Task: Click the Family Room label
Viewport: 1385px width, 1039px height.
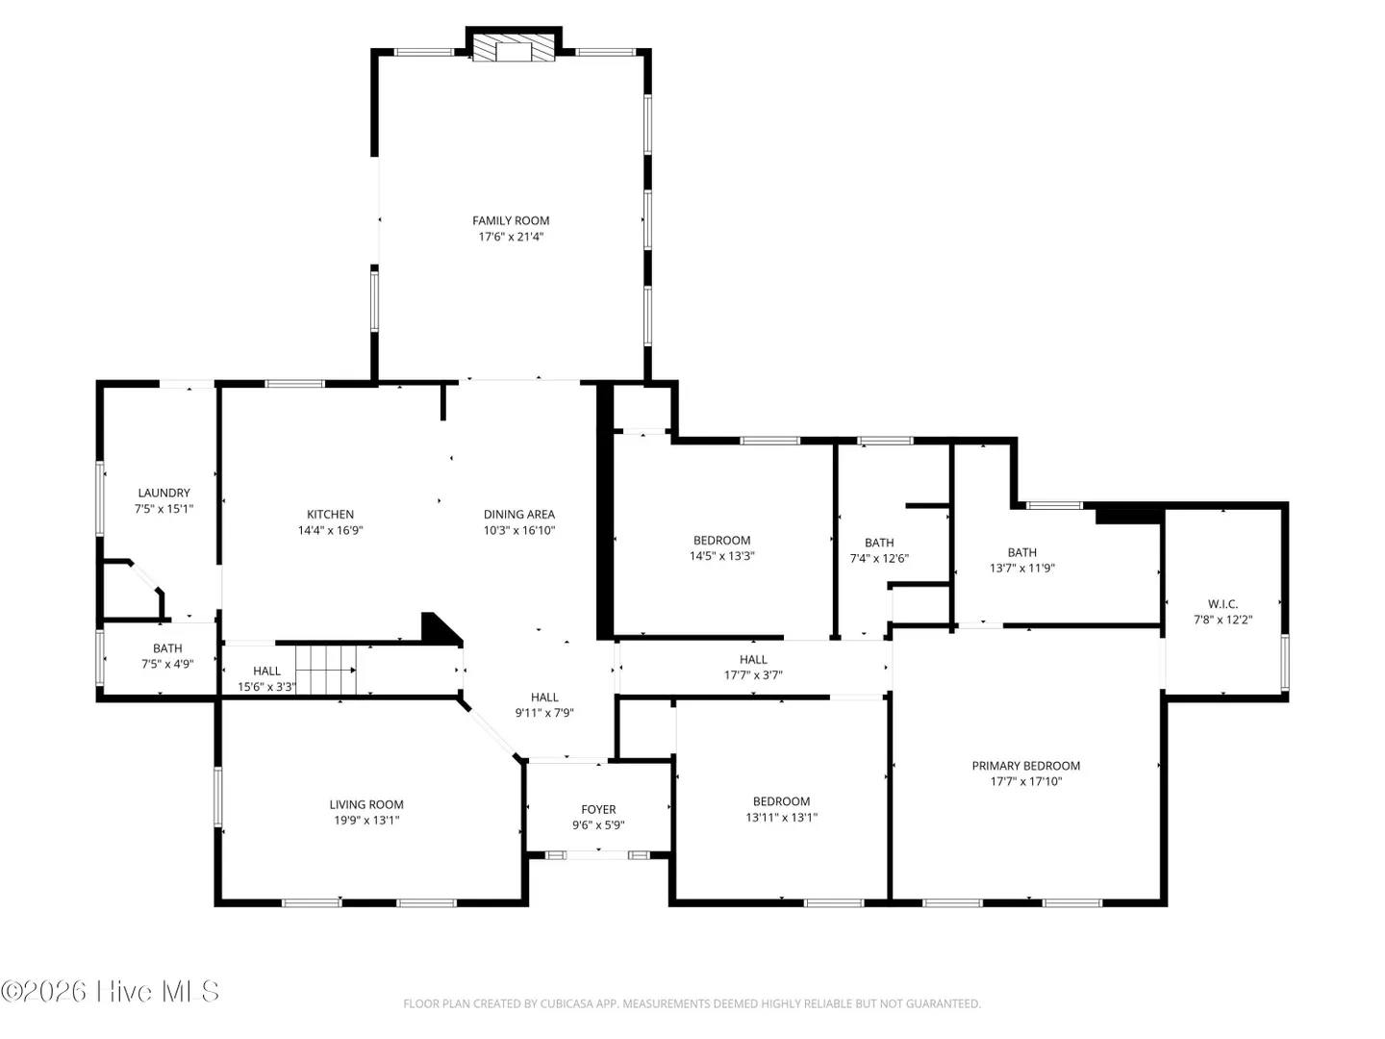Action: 511,221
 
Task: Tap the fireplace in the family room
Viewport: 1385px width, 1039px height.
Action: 514,48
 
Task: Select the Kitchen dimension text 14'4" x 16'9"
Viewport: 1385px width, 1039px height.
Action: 330,530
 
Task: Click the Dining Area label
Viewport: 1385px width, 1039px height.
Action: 518,515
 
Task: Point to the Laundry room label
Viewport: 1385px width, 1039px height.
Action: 164,494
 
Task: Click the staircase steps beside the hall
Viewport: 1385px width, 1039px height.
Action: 326,670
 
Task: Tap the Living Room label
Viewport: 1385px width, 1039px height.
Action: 366,805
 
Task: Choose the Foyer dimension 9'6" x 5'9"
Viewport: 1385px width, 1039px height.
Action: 598,825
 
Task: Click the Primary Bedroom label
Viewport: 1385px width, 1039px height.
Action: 1025,766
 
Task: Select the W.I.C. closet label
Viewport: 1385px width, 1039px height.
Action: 1222,604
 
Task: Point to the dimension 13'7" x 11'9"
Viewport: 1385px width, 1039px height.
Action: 1022,568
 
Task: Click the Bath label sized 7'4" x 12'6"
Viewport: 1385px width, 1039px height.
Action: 879,543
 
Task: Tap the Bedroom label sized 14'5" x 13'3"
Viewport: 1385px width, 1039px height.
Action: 722,541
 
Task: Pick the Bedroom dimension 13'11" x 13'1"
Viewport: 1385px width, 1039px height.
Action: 781,818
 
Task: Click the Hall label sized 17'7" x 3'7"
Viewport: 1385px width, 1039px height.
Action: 753,659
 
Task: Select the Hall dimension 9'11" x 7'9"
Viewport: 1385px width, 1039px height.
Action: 544,713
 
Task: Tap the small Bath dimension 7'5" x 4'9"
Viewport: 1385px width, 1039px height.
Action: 167,664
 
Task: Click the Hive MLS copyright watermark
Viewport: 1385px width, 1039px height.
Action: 110,992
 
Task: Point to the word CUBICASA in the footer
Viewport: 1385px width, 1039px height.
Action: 566,1003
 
